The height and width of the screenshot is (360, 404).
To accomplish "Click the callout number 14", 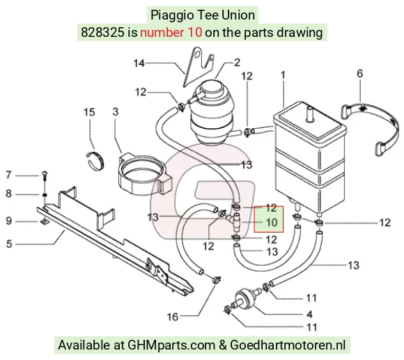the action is point(139,63).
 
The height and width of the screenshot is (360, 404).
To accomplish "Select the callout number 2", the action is point(237,62).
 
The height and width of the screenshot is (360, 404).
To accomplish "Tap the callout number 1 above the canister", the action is point(283,75).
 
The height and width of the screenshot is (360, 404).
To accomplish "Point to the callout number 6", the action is point(359,74).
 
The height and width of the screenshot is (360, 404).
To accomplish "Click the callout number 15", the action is point(89,112).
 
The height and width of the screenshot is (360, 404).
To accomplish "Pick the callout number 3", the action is point(116,111).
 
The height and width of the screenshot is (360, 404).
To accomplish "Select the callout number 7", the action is point(9,175).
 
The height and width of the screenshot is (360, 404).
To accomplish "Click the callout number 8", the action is point(9,194).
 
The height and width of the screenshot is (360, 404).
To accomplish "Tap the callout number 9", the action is point(9,221).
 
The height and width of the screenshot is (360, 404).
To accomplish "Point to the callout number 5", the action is point(9,244).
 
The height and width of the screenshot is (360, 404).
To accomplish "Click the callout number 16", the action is point(173,317).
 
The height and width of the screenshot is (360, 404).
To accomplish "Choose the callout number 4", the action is point(309,314).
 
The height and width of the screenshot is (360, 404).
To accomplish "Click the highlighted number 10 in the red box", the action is point(272,223).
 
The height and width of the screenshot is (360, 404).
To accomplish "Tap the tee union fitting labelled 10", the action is point(235,221).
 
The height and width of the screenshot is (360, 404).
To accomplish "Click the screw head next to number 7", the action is point(45,174).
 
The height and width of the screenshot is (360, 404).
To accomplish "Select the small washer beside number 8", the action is point(45,195).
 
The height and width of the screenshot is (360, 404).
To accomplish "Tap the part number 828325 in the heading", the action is point(102,33).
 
